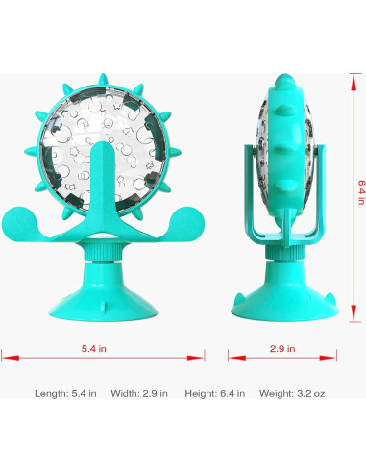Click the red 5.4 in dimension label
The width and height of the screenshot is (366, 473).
(x=93, y=348)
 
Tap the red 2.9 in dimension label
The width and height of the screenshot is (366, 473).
(x=282, y=348)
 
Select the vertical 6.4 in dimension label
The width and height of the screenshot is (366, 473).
(x=361, y=192)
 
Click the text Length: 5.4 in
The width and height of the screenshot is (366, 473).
(x=65, y=393)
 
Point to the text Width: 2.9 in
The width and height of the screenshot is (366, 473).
(x=139, y=393)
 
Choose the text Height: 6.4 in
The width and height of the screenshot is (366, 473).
(x=215, y=393)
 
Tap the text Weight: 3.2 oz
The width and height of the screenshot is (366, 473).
(x=292, y=393)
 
